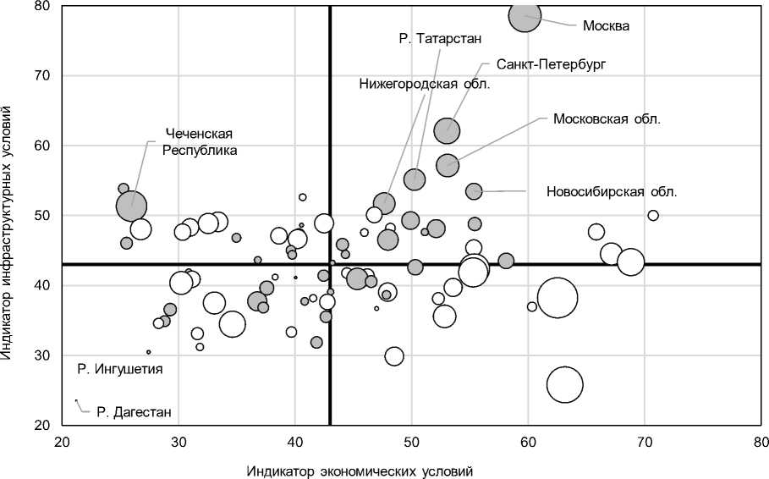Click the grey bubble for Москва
[x=525, y=15]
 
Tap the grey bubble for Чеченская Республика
[x=131, y=205]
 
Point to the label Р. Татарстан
[x=439, y=39]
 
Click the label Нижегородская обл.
[x=425, y=85]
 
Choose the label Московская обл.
[x=607, y=118]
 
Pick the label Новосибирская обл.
[x=612, y=191]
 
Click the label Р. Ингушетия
[x=119, y=369]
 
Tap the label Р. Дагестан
[x=134, y=413]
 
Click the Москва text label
[x=606, y=25]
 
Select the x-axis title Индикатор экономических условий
[x=360, y=470]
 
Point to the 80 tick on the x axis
[x=761, y=442]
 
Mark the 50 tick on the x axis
[x=411, y=442]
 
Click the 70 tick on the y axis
[x=42, y=76]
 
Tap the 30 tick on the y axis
[x=42, y=355]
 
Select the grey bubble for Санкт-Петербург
[x=447, y=130]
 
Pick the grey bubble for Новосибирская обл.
[x=474, y=191]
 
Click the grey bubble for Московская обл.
[x=448, y=165]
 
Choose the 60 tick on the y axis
[x=42, y=146]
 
